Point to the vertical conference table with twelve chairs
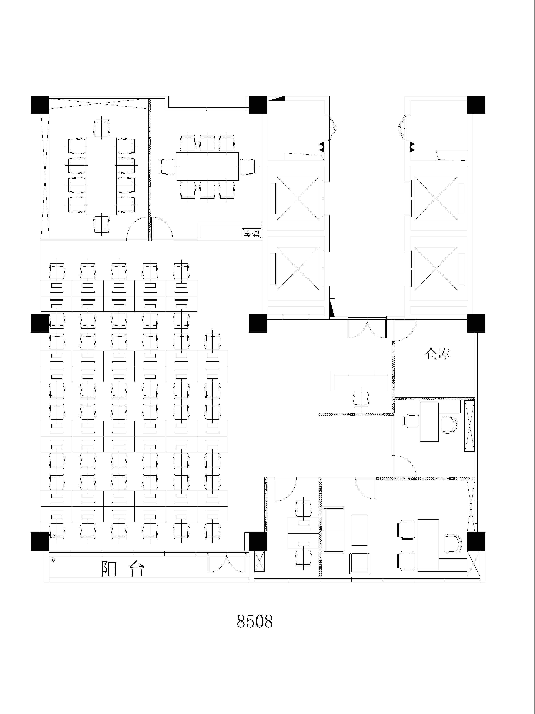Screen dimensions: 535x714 [101, 176]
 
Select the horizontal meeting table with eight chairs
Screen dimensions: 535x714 [207, 167]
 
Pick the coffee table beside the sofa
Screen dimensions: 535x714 [359, 530]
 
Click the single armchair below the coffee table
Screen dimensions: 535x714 [360, 563]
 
